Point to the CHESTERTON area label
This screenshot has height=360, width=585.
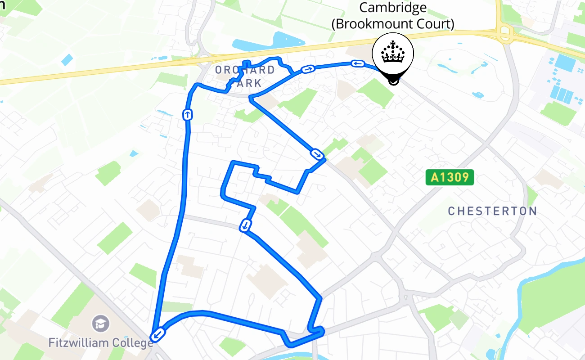point(492,211)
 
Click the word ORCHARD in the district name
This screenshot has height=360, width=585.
point(245,70)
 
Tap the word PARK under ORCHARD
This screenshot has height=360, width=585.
point(246,83)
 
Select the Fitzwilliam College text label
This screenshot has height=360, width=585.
point(101,343)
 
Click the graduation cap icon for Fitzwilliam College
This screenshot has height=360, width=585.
point(100,323)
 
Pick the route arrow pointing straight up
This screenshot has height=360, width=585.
point(187,115)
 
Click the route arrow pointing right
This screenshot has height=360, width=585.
point(308,69)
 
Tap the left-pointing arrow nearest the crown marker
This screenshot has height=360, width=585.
point(358,64)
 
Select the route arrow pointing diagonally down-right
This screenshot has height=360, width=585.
point(317,155)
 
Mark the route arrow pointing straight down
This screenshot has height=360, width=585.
point(245,225)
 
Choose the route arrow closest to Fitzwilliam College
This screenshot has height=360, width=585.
point(158,334)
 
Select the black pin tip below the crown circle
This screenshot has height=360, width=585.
point(393,81)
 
